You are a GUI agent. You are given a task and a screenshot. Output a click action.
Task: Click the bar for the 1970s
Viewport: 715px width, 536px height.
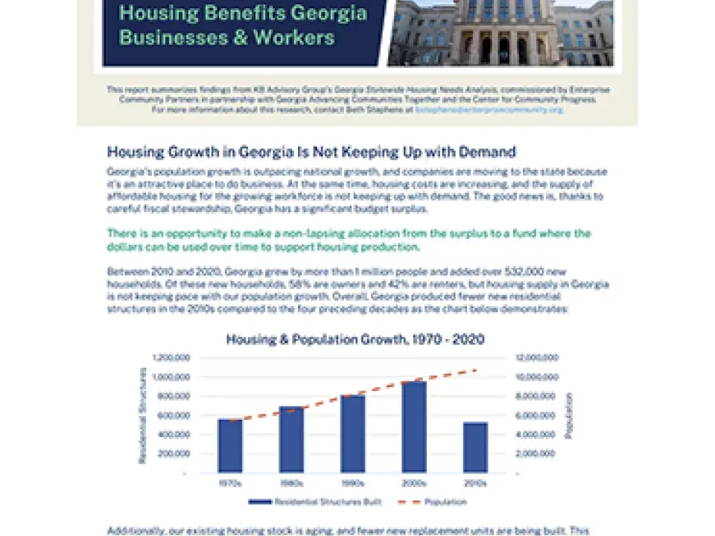point(230,445)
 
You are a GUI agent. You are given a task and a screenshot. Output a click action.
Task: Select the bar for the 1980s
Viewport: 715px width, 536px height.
point(292,439)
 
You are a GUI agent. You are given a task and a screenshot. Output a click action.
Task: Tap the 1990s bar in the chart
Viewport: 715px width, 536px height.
point(353,433)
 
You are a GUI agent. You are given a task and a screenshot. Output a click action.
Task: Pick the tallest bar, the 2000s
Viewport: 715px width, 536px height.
point(414,427)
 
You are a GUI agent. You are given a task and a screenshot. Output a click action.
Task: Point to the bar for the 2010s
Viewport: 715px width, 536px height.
point(475,447)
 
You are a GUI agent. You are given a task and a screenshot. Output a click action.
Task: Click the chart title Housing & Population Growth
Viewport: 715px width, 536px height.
point(355,339)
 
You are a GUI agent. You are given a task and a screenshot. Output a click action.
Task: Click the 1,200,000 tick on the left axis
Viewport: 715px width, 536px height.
point(172,358)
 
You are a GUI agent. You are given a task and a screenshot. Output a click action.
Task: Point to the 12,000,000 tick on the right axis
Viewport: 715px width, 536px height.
point(536,358)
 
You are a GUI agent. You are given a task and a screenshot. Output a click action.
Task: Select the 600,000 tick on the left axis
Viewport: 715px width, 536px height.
point(176,415)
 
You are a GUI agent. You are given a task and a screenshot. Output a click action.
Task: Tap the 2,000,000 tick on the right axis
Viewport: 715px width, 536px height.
point(534,453)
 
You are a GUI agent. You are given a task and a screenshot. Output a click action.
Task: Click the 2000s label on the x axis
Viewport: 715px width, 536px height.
point(414,483)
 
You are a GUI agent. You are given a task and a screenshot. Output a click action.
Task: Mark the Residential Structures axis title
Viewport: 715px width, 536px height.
point(143,415)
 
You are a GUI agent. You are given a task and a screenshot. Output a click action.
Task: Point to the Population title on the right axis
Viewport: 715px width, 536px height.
point(568,415)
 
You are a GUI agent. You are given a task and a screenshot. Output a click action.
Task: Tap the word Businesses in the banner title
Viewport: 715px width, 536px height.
point(176,37)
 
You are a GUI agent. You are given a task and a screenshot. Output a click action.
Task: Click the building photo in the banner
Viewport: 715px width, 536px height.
point(500,32)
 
